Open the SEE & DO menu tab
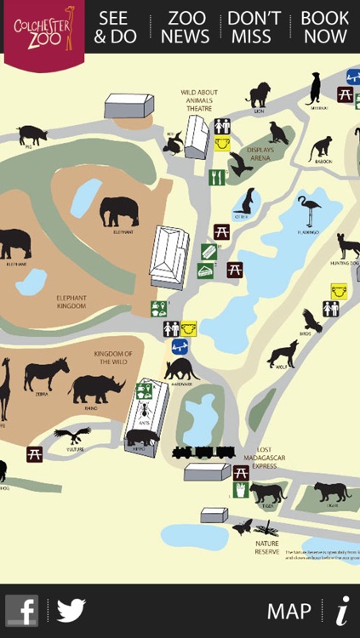[x=115, y=28]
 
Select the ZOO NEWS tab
[x=186, y=28]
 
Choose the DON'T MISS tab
[x=254, y=28]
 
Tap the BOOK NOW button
[x=325, y=28]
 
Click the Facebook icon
[x=22, y=610]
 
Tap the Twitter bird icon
[x=71, y=610]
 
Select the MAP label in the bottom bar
[x=289, y=611]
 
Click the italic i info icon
[x=342, y=610]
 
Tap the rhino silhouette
[x=96, y=389]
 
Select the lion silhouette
[x=258, y=94]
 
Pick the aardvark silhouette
[x=181, y=368]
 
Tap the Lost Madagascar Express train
[x=203, y=452]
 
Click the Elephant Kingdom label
[x=71, y=302]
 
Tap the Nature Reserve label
[x=266, y=547]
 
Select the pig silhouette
[x=32, y=134]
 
